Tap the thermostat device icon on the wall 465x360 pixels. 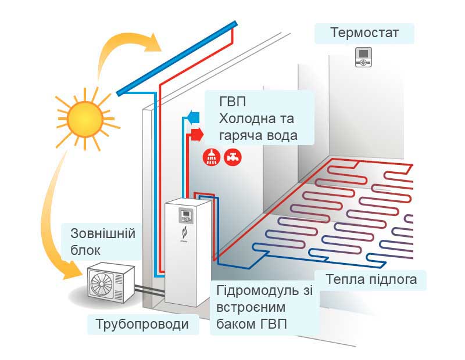click(364, 57)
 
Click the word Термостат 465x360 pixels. click(364, 33)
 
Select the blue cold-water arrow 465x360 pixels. click(194, 117)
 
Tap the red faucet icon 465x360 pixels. click(231, 156)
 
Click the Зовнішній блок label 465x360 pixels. click(103, 242)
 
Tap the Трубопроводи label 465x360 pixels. click(142, 324)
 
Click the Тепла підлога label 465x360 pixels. click(371, 280)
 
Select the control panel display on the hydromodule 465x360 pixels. click(187, 216)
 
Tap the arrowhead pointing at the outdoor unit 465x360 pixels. click(76, 268)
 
